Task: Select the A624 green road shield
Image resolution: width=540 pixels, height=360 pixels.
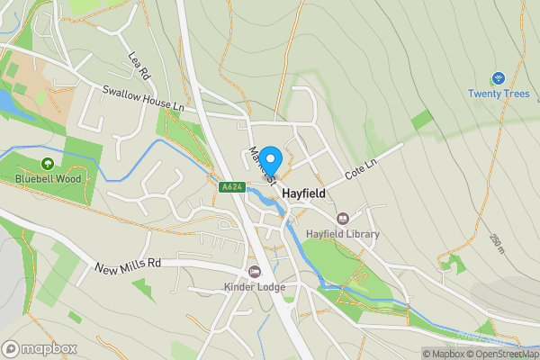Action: point(229,186)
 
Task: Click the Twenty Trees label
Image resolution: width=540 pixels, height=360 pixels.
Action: point(497,94)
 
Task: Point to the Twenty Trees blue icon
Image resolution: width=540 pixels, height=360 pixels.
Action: point(498,78)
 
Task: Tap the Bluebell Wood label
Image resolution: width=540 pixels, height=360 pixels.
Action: point(48,178)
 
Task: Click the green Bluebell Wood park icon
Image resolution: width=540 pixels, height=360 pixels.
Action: point(48,164)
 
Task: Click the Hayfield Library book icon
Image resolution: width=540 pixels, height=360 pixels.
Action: point(343,219)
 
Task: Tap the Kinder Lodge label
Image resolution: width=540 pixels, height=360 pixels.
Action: point(255,287)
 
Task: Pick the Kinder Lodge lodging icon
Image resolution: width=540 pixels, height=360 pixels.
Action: point(255,272)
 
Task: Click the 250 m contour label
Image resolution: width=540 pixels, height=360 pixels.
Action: point(497,243)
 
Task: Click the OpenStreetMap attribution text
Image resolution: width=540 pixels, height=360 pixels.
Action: point(507,354)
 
